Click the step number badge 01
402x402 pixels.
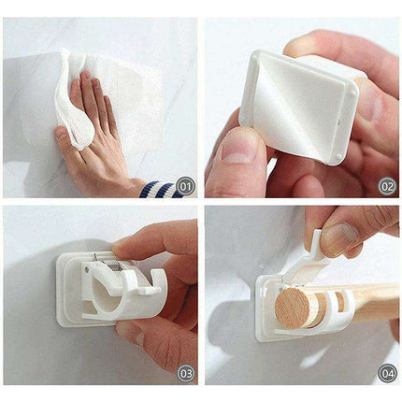tap(184, 186)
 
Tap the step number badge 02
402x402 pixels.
tap(386, 186)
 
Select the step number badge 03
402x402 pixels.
tap(184, 373)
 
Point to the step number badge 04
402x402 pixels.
tap(386, 373)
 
